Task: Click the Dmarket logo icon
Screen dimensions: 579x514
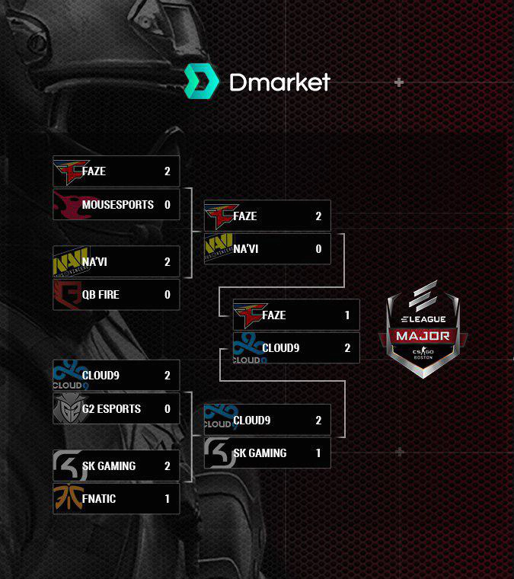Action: tap(201, 82)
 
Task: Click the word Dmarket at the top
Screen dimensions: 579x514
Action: tap(279, 82)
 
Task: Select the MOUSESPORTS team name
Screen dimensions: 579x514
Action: tap(117, 205)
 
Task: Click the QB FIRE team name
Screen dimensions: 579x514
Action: tap(101, 295)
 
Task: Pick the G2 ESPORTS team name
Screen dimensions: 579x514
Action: tap(111, 409)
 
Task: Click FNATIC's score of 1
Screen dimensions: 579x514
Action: tap(168, 499)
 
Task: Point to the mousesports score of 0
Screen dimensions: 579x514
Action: tap(168, 205)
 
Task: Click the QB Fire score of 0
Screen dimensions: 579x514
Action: tap(168, 295)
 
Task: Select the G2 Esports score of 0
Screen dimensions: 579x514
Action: tap(168, 409)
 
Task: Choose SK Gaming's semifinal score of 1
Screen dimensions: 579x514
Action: tap(318, 453)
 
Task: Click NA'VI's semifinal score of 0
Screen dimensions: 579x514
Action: tap(318, 249)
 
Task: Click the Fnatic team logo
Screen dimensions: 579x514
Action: tap(67, 499)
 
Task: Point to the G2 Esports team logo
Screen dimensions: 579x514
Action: tap(67, 409)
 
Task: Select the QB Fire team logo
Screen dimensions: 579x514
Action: tap(67, 294)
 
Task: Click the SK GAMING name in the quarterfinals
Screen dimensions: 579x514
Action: tap(108, 466)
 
